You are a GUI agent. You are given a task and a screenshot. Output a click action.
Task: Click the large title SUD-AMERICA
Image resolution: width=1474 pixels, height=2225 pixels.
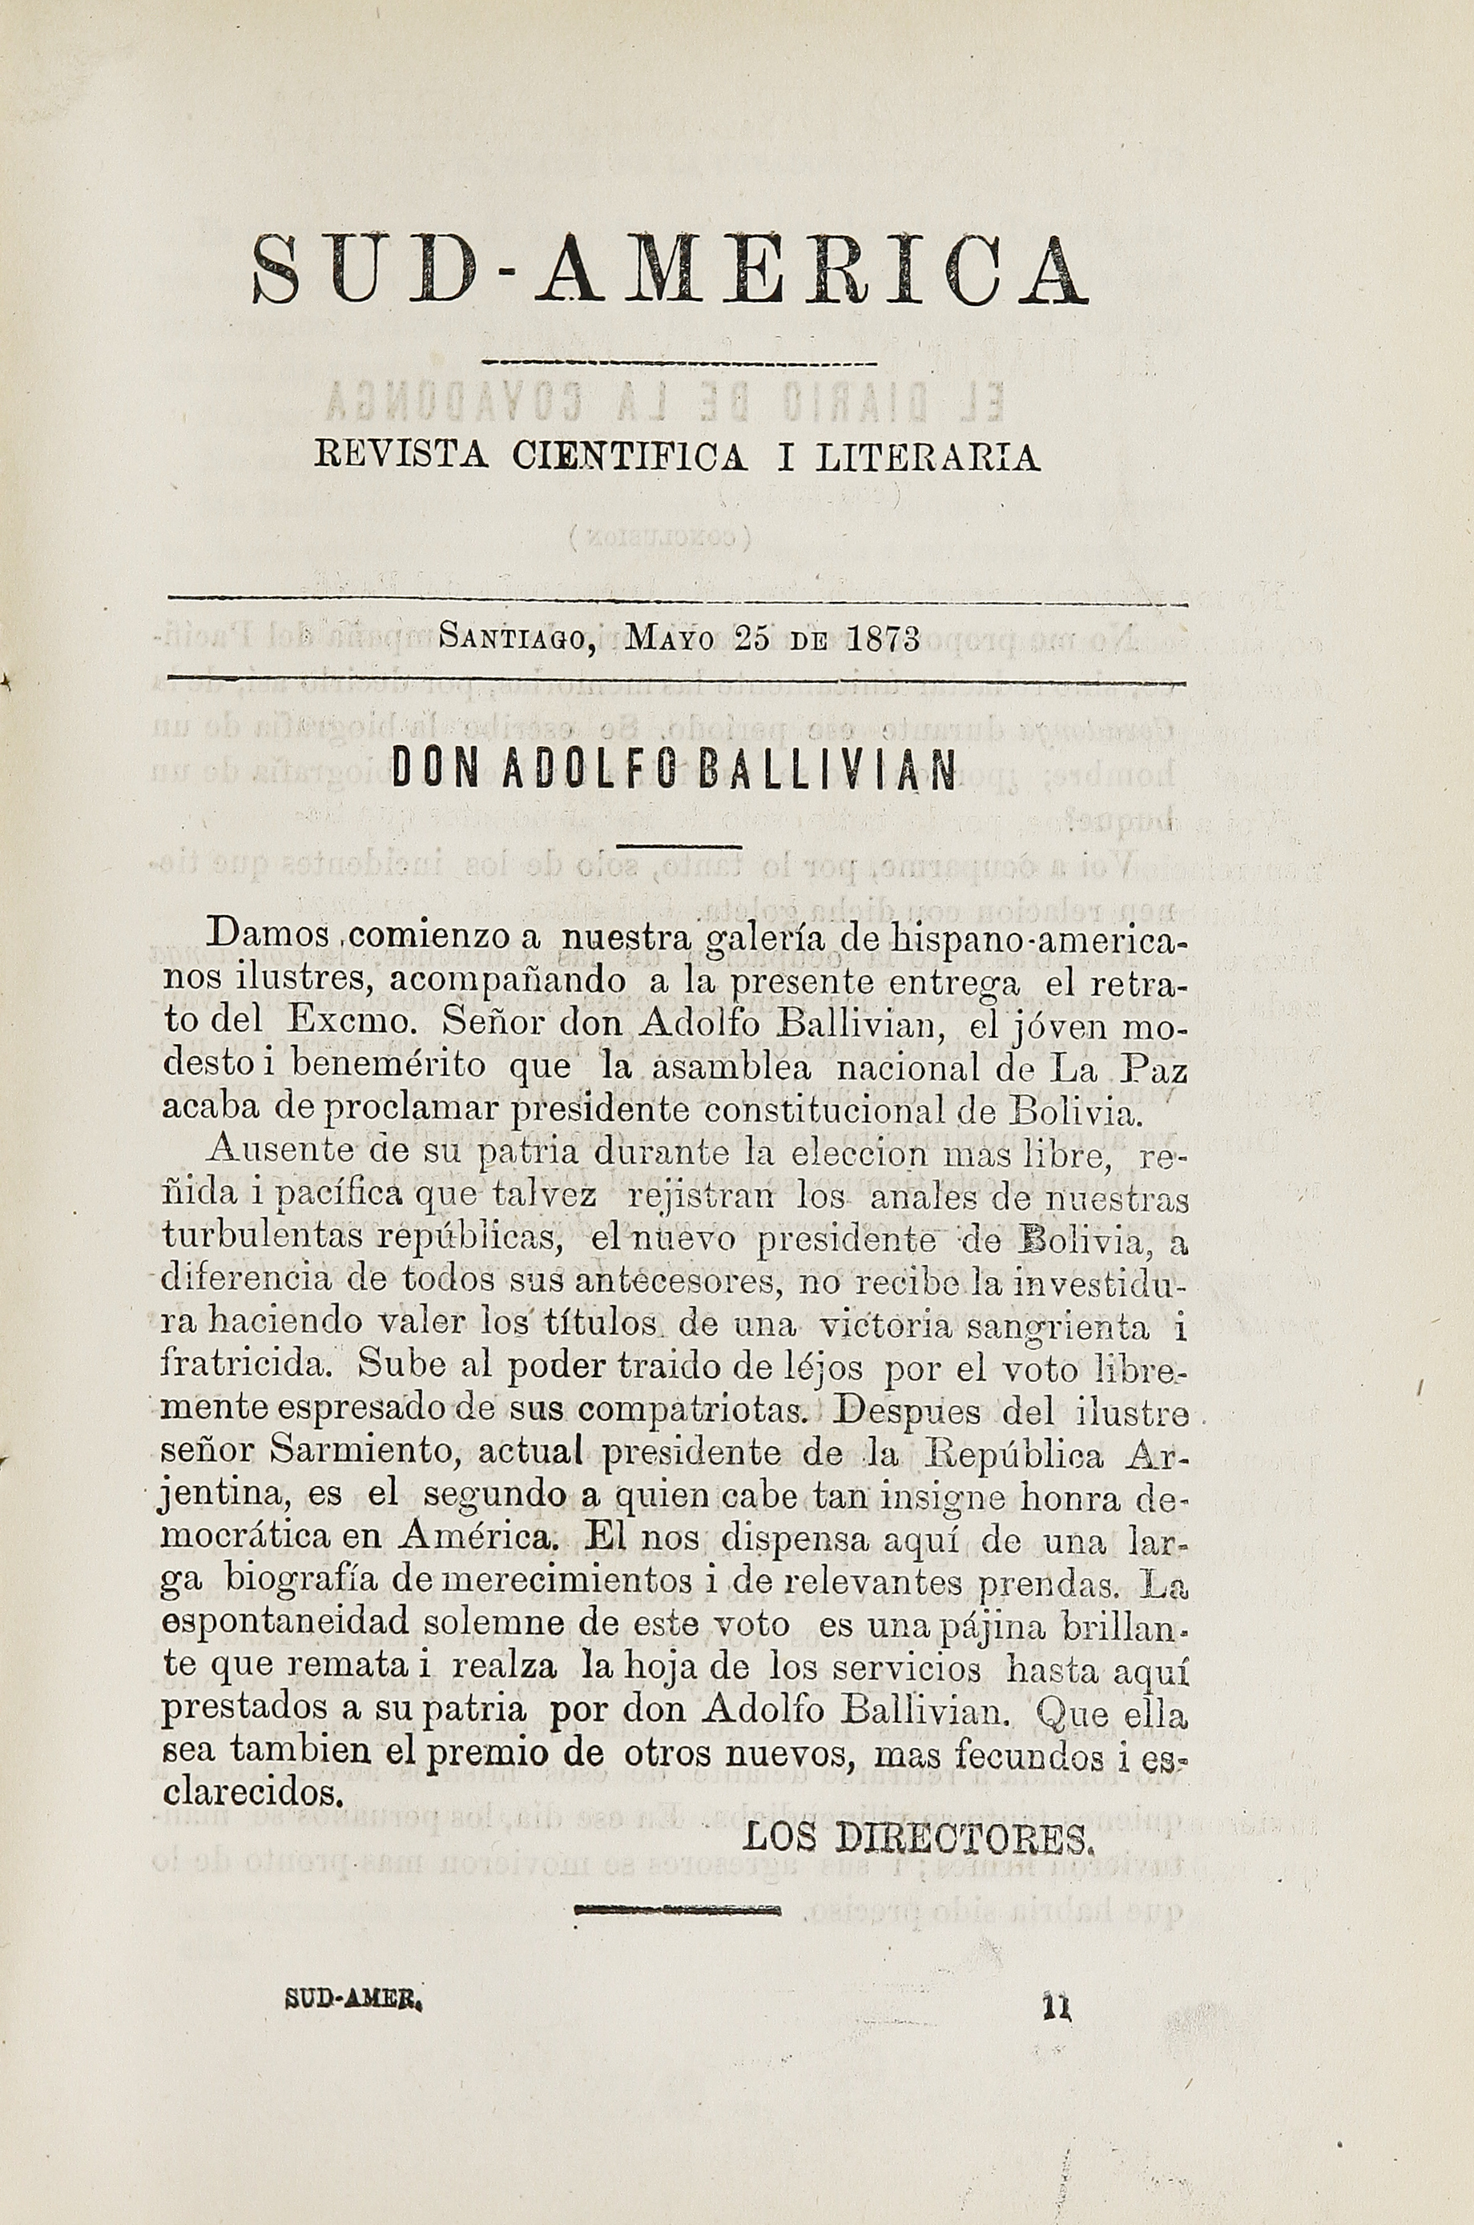tap(670, 271)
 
